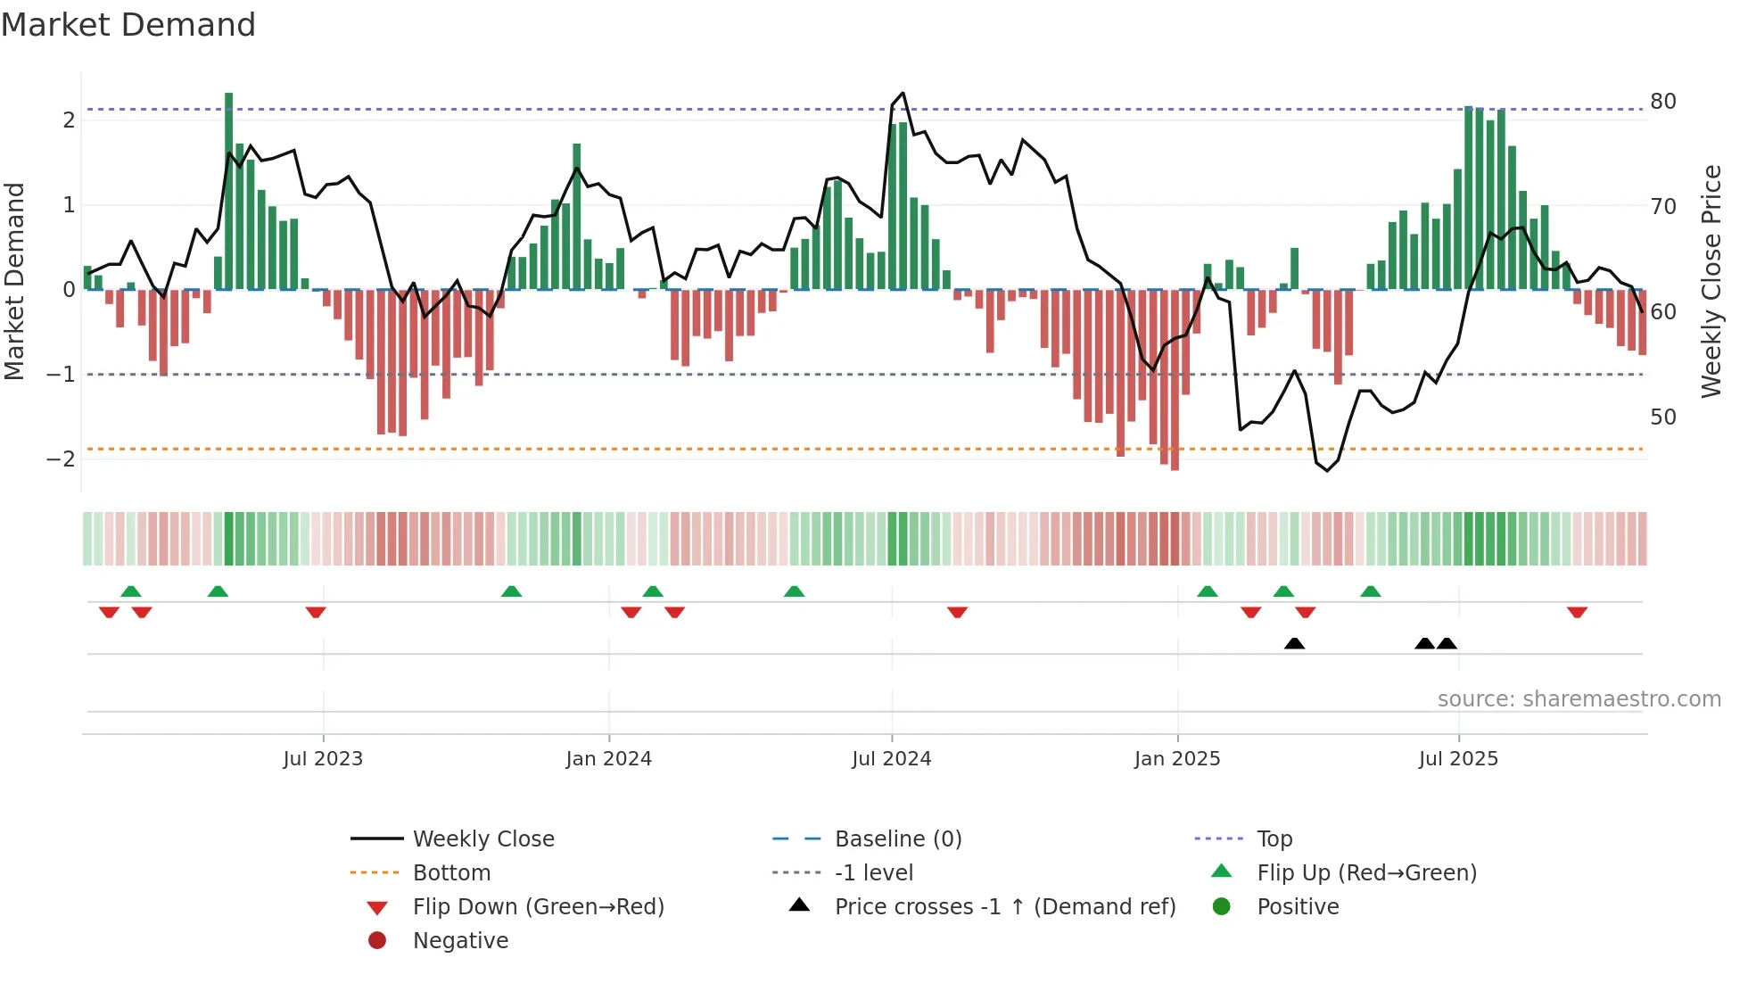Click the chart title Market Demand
tap(128, 25)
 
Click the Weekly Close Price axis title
tap(1711, 281)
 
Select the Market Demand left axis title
tap(14, 281)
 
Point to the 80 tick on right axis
tap(1662, 102)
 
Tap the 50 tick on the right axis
tap(1662, 417)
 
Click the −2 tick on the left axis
tap(61, 459)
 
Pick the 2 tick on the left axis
tap(69, 120)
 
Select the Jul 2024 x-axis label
tap(891, 759)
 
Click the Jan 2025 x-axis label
tap(1176, 759)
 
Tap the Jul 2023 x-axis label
tap(323, 759)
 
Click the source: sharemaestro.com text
tap(1579, 699)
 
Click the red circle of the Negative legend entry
tap(377, 941)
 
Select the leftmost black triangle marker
tap(1294, 643)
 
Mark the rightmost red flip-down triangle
tap(1577, 612)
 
